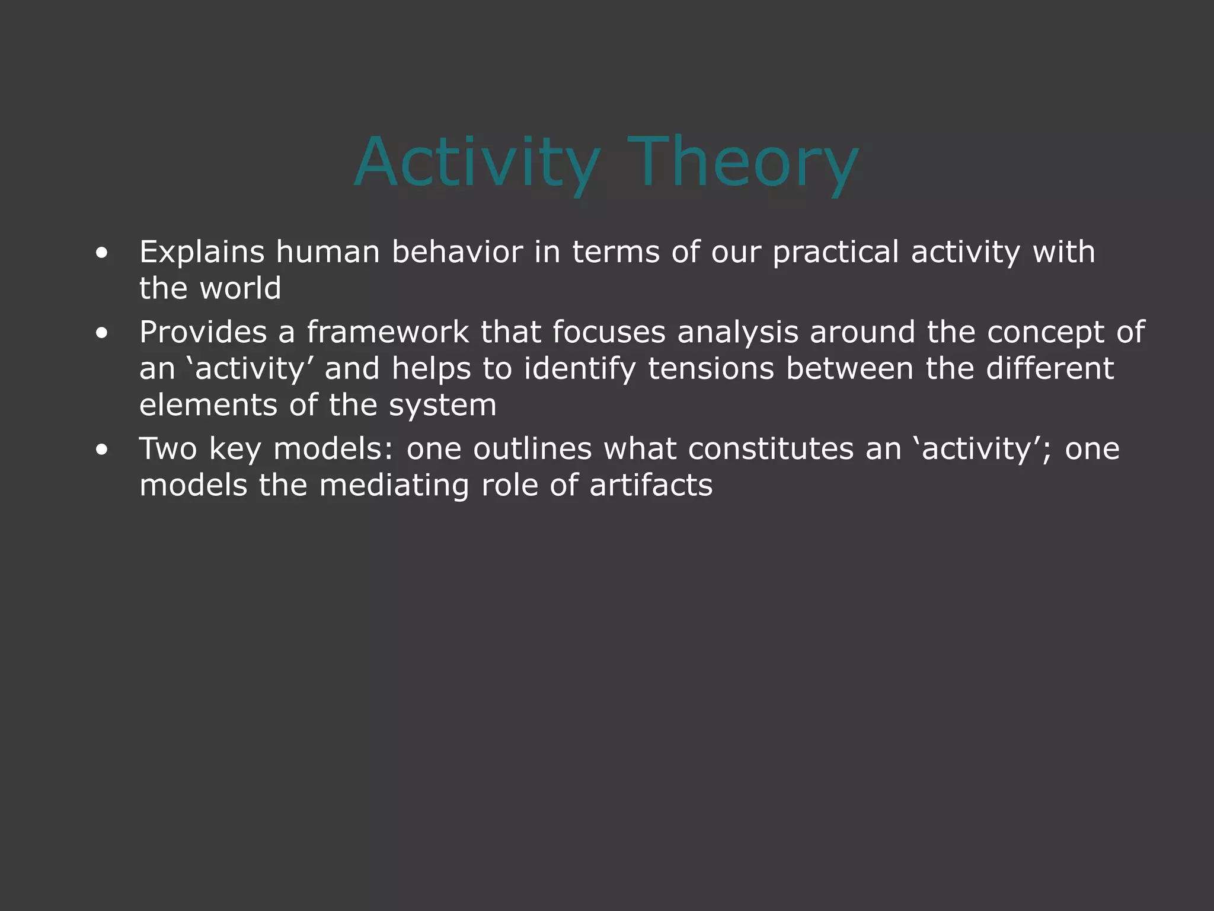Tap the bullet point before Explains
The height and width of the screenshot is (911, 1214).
tap(102, 253)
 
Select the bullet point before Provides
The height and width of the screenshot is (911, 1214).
tap(102, 333)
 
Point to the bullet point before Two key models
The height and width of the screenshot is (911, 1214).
tap(102, 450)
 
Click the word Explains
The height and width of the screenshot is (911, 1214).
tap(202, 252)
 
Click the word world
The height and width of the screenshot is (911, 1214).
tap(240, 289)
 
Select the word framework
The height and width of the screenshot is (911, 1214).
tap(388, 332)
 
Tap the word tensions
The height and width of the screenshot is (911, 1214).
tap(711, 368)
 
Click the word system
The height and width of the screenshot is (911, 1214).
tap(442, 406)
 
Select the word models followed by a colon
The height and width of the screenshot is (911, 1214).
tap(333, 449)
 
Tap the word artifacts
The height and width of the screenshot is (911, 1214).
tap(650, 485)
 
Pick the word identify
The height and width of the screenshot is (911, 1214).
tap(579, 370)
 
